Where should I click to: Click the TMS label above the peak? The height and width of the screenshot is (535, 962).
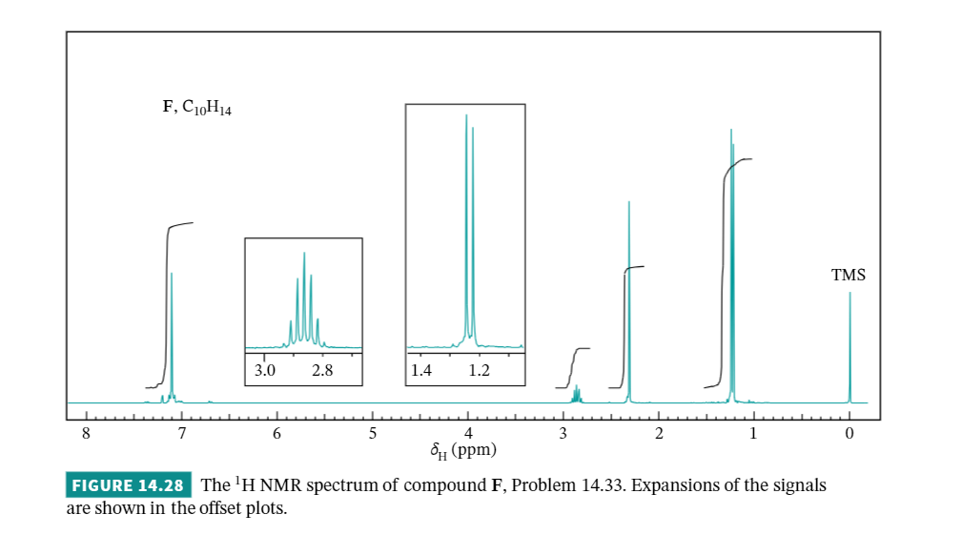click(848, 275)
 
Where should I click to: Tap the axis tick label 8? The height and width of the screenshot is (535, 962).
click(86, 434)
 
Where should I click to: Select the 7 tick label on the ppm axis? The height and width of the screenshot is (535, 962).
click(181, 434)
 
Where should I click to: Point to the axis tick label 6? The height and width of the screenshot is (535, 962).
click(276, 434)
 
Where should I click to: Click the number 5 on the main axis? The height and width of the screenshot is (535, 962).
click(372, 434)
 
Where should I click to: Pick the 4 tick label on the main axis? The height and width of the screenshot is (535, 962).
click(468, 434)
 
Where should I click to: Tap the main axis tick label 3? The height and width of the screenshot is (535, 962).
click(563, 434)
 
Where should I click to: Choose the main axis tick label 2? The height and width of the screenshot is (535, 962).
click(659, 434)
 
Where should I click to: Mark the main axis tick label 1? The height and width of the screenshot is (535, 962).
click(754, 434)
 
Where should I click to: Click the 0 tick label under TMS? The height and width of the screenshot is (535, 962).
click(849, 434)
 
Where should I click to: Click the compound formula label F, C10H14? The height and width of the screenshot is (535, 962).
click(197, 108)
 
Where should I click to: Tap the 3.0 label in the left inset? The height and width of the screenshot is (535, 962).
click(265, 370)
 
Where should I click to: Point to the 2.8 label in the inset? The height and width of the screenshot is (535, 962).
click(322, 370)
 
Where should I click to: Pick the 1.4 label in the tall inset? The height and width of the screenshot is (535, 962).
click(421, 370)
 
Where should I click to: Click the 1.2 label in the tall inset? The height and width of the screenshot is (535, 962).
click(479, 370)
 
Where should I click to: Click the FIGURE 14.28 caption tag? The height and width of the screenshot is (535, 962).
click(130, 484)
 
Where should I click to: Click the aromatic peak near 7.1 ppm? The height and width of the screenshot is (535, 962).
click(172, 334)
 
